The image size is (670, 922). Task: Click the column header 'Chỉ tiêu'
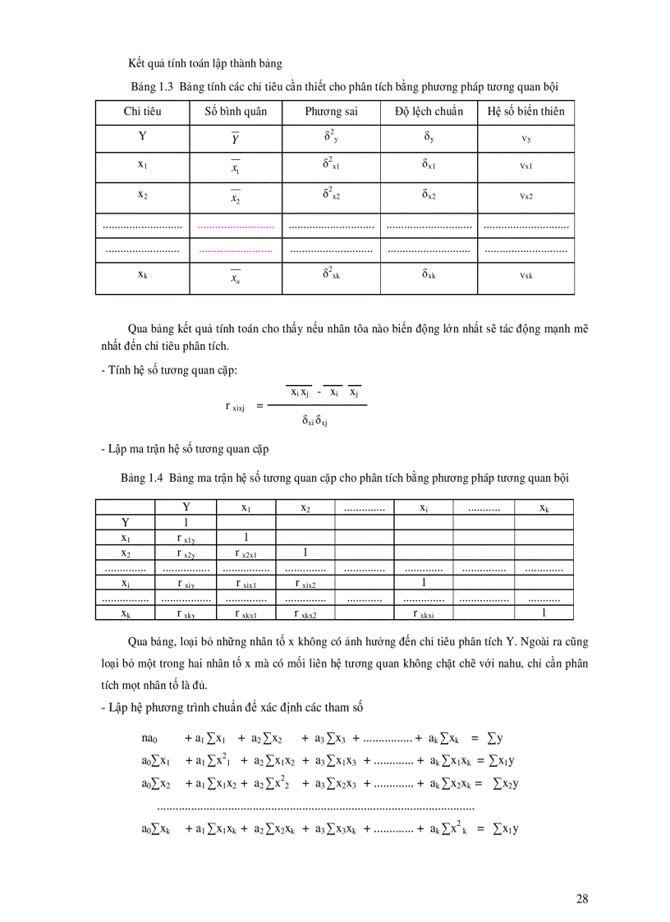coord(143,111)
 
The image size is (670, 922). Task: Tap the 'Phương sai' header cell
coord(331,111)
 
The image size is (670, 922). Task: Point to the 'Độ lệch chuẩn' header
coord(429,111)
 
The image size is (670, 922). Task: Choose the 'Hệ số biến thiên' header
coord(525,111)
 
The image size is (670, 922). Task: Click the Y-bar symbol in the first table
coord(236,139)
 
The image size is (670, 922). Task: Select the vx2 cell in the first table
coord(525,196)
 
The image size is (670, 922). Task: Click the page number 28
coord(581,898)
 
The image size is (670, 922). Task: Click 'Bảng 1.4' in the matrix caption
coord(143,477)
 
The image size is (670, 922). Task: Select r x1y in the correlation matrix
coord(186,539)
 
